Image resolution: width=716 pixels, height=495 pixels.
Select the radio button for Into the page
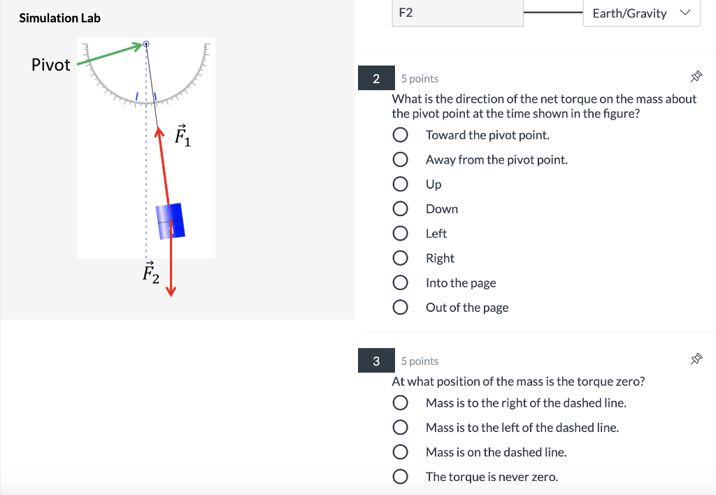pyautogui.click(x=400, y=283)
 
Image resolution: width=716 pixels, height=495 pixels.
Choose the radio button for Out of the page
pyautogui.click(x=400, y=308)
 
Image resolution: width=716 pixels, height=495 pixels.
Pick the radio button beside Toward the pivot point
pyautogui.click(x=400, y=135)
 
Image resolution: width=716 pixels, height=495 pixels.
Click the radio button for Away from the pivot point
pyautogui.click(x=400, y=160)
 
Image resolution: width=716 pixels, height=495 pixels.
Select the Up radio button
pyautogui.click(x=400, y=185)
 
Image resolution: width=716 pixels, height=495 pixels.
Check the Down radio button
pyautogui.click(x=400, y=209)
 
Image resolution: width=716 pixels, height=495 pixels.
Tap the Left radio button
pyautogui.click(x=400, y=234)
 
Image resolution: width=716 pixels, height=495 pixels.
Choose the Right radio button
pyautogui.click(x=400, y=259)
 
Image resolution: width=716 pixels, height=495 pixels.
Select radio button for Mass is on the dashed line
pyautogui.click(x=400, y=452)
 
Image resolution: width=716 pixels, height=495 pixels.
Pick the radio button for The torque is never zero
pyautogui.click(x=400, y=477)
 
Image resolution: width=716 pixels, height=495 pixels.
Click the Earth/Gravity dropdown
pyautogui.click(x=640, y=13)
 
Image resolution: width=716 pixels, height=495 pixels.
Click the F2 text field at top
pyautogui.click(x=457, y=13)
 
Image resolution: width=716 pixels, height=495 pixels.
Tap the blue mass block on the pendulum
pyautogui.click(x=169, y=221)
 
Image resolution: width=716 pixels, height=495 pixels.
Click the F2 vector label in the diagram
pyautogui.click(x=150, y=273)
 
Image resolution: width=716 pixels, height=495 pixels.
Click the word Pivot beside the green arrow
pyautogui.click(x=51, y=65)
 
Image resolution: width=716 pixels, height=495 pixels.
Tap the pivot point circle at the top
pyautogui.click(x=146, y=44)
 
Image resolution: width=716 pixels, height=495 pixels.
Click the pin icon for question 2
pyautogui.click(x=696, y=76)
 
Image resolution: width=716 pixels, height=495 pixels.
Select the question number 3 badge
pyautogui.click(x=376, y=361)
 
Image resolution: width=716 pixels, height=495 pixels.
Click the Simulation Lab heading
pyautogui.click(x=59, y=18)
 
